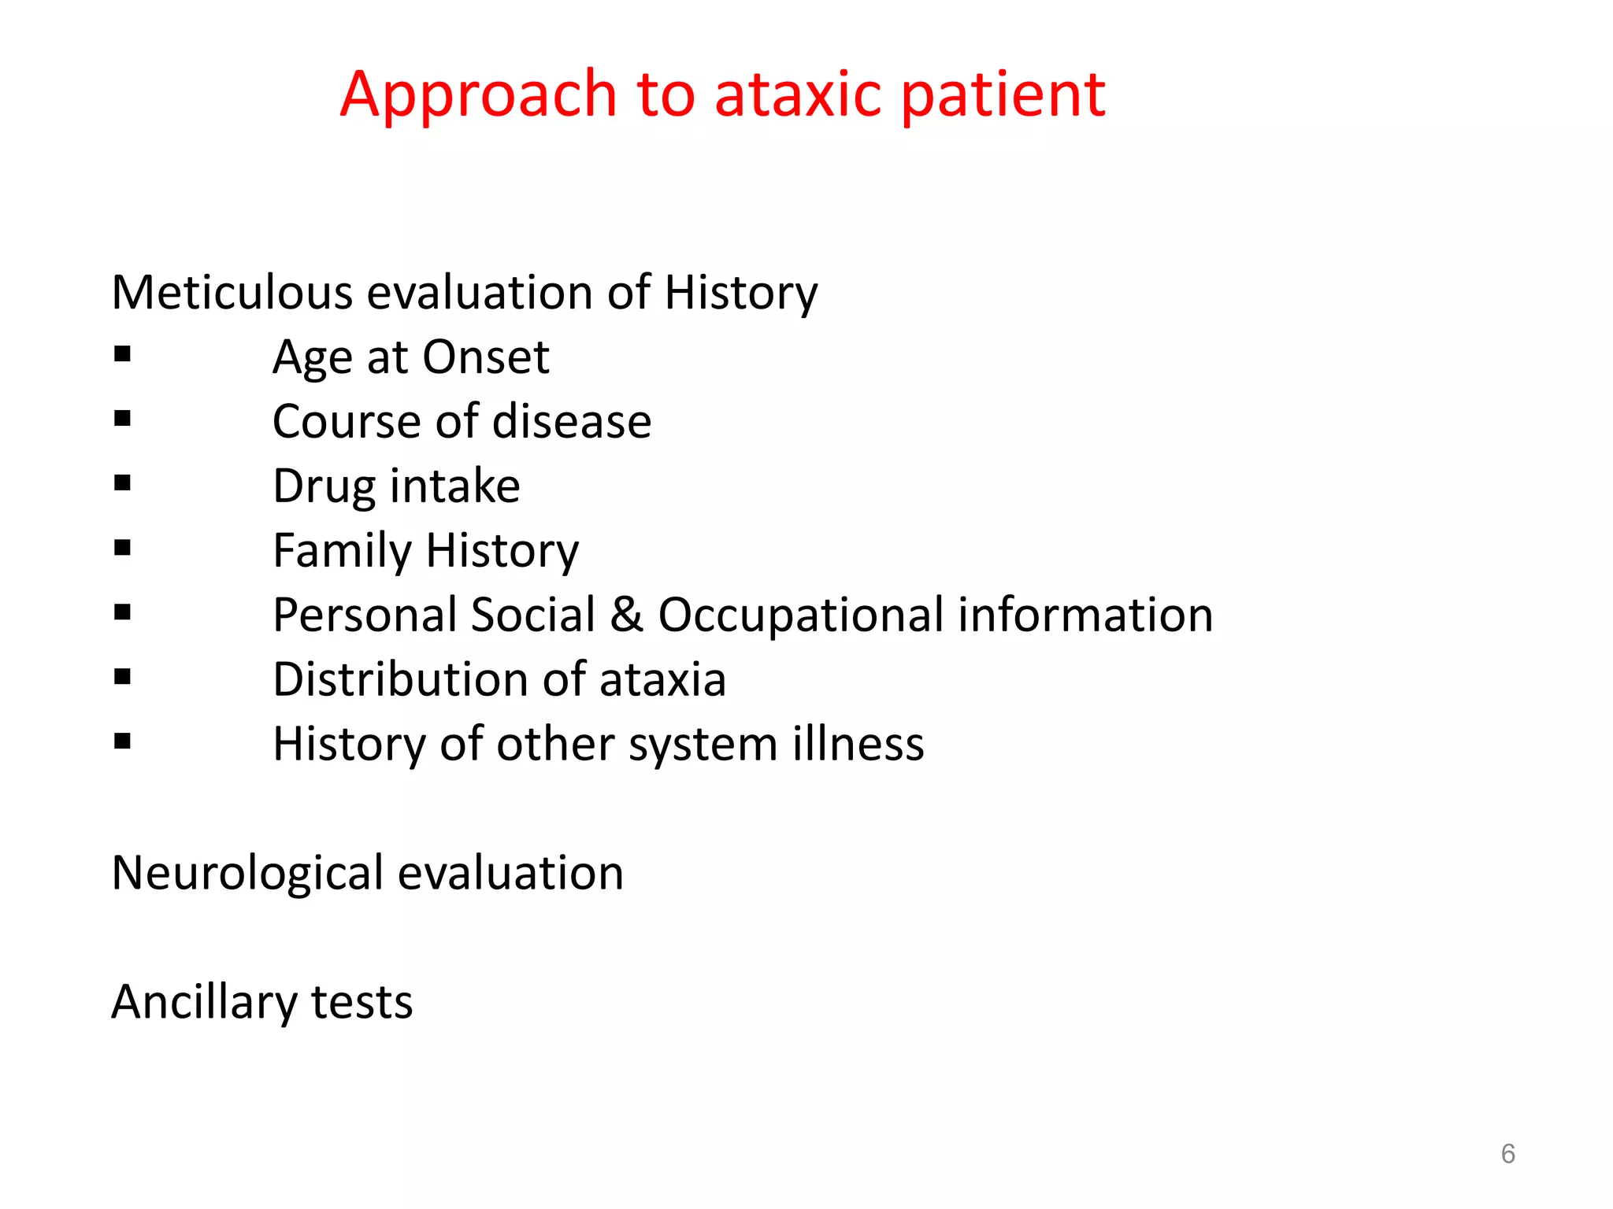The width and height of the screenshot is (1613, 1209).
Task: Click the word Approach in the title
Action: click(x=478, y=96)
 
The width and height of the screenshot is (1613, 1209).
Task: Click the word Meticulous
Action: click(x=232, y=293)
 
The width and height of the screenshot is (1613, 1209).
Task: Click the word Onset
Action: click(x=485, y=358)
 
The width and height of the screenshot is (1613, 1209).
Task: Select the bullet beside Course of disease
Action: click(x=122, y=418)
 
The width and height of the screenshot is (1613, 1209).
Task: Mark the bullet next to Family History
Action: click(x=122, y=547)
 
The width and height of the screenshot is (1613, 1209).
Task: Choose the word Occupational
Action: click(x=800, y=616)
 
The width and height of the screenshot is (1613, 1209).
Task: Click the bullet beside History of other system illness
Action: click(x=122, y=741)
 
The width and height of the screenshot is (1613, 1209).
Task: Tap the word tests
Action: click(x=362, y=1003)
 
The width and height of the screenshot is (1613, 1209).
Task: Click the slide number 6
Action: click(x=1507, y=1154)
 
